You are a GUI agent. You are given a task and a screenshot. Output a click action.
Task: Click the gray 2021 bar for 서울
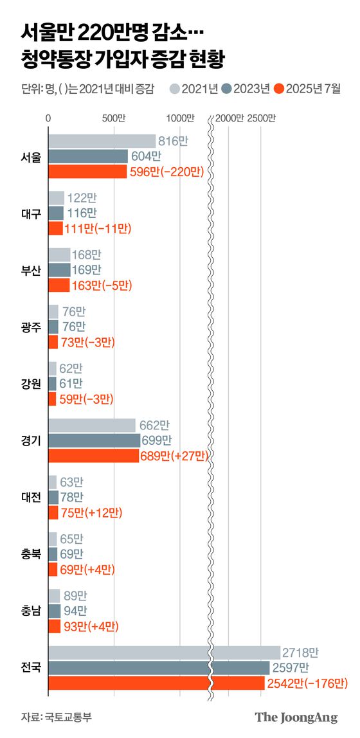102,141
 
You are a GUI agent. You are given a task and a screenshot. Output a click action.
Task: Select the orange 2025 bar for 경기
93,456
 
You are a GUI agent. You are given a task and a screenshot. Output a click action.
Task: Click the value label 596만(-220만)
166,172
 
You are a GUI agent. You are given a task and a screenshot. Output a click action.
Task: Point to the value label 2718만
300,652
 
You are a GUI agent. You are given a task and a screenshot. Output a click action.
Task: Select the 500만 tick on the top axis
114,118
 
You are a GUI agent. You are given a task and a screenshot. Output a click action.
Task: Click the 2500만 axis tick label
260,118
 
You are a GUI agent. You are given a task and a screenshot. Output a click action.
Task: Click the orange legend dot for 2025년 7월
278,89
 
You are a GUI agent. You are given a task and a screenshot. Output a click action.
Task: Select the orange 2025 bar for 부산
59,285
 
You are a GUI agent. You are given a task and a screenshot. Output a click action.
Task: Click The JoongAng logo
296,717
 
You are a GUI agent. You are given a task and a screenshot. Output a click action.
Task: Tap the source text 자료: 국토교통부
56,717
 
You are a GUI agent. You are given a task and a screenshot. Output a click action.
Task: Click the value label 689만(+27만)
174,456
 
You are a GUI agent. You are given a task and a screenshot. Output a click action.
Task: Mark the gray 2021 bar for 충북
53,539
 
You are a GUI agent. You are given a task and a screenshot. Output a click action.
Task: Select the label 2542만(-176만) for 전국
307,682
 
